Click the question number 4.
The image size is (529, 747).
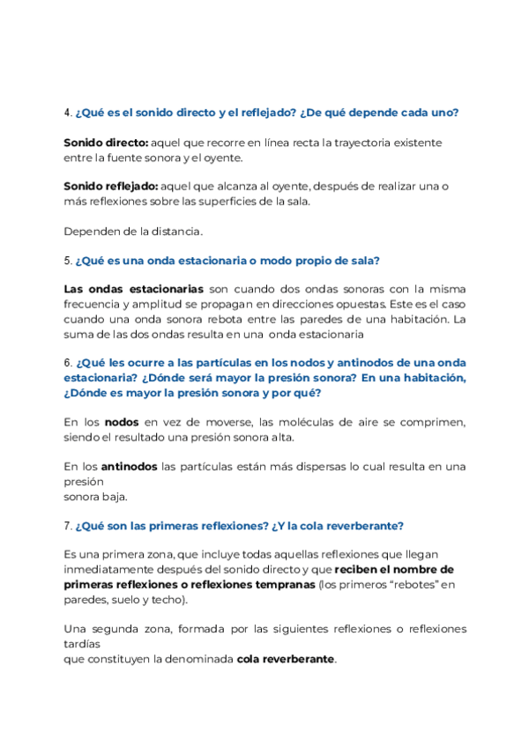(68, 113)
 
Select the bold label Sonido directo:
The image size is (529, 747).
(106, 142)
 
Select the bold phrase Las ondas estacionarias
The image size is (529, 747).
(134, 289)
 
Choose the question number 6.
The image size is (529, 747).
(68, 363)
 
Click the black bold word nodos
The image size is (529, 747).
(121, 422)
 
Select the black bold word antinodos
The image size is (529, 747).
(130, 466)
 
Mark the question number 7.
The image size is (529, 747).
(68, 526)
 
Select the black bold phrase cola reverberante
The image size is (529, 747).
(286, 659)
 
